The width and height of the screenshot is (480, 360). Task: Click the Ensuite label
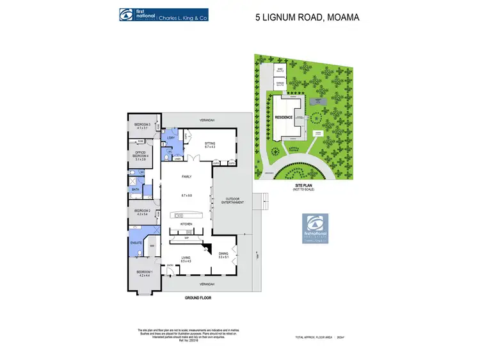coord(136,242)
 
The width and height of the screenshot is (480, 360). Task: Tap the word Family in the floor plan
coord(187,176)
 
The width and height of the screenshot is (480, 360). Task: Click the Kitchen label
coord(186,224)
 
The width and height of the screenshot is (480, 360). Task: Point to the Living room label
coord(186,258)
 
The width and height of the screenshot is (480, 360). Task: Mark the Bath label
coord(136,189)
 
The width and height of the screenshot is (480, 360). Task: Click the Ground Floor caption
coord(198,298)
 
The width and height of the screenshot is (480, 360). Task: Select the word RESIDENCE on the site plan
coord(284,117)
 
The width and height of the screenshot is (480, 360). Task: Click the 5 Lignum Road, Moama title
coord(307,17)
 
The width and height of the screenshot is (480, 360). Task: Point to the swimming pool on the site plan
coord(317,101)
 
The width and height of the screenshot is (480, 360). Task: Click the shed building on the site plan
coord(280,70)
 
